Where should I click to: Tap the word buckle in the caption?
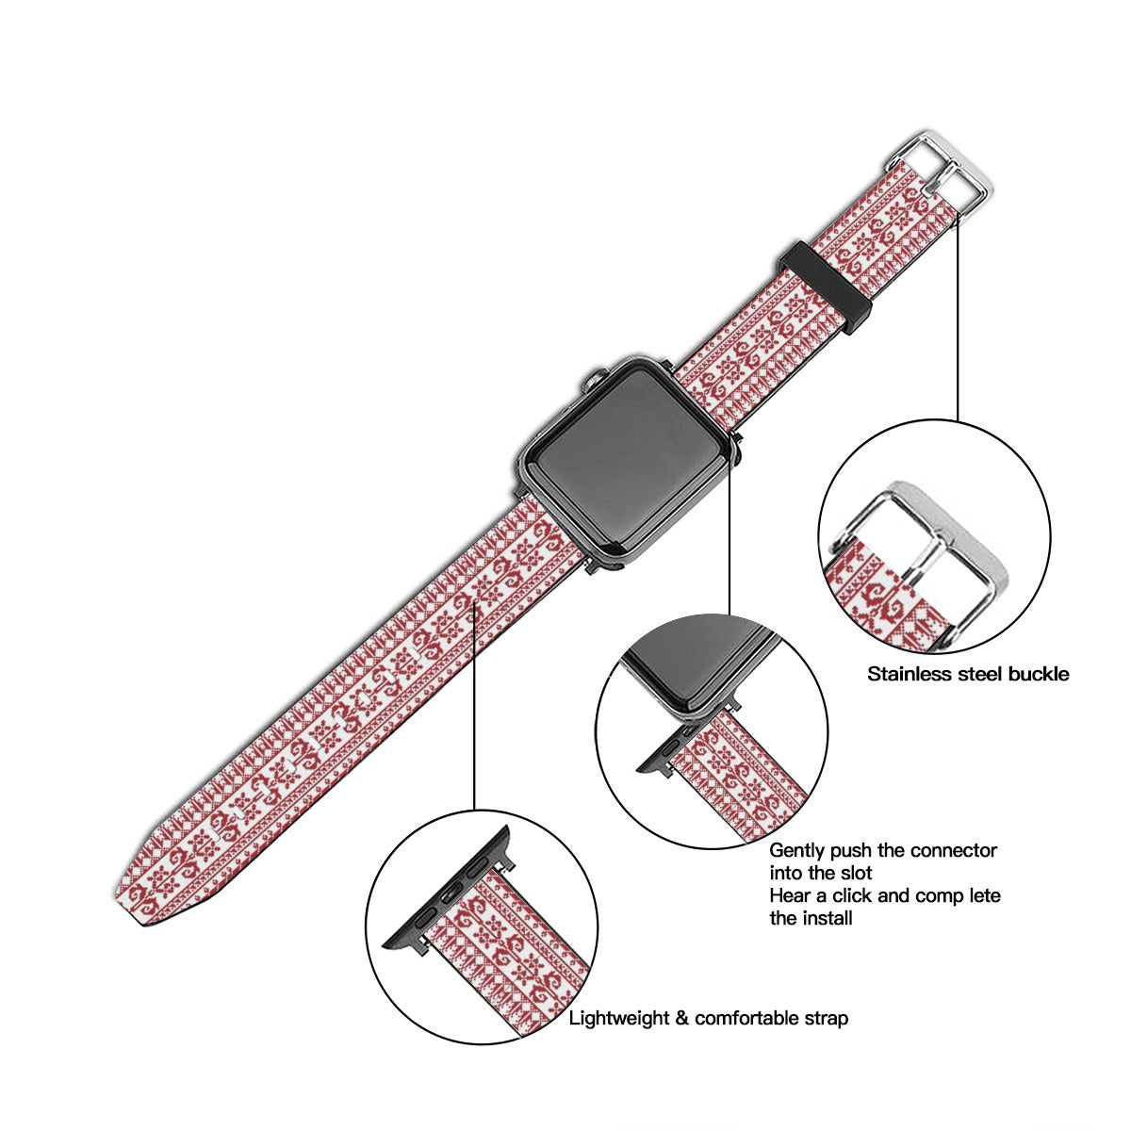[1039, 674]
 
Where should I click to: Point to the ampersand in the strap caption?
[682, 1019]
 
